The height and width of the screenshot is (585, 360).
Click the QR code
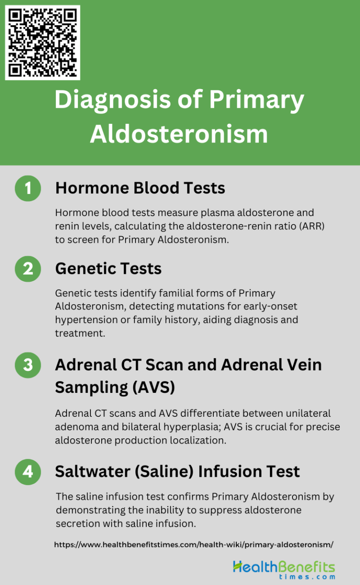click(x=43, y=43)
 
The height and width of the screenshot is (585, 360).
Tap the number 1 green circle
click(x=28, y=188)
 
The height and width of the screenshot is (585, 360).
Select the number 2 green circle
click(x=28, y=269)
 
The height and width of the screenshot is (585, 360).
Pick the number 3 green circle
click(x=28, y=365)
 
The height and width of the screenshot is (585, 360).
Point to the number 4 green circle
click(x=28, y=471)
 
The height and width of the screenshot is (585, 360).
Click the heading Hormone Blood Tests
click(x=140, y=188)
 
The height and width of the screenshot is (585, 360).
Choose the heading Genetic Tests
click(x=108, y=269)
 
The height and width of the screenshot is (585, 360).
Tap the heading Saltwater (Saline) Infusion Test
click(x=177, y=471)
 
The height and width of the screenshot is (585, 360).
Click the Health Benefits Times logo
click(x=284, y=569)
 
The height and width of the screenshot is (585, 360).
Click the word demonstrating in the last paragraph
click(x=94, y=510)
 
